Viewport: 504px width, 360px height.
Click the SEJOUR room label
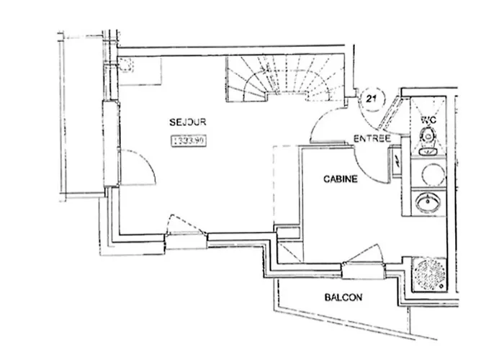pos(185,122)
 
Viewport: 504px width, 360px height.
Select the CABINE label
pos(340,180)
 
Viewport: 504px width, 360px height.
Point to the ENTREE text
pos(372,138)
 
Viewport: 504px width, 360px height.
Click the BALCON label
pos(343,297)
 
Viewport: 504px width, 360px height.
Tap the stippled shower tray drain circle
pos(430,274)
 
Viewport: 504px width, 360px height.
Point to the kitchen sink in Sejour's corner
pos(127,66)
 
